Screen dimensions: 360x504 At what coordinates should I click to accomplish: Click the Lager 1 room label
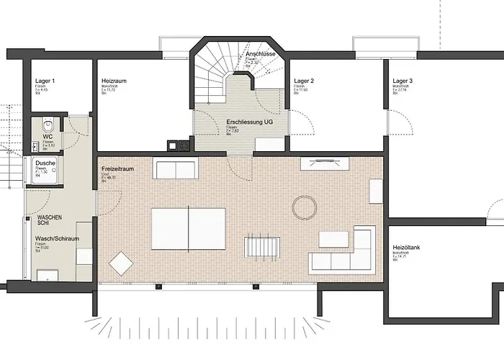pyautogui.click(x=45, y=81)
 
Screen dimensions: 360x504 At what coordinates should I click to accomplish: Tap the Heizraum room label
pyautogui.click(x=114, y=81)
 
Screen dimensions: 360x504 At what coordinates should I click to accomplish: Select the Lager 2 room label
pyautogui.click(x=305, y=81)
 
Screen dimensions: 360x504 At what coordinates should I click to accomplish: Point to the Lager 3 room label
pyautogui.click(x=402, y=81)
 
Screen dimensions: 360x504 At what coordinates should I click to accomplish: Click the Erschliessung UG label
pyautogui.click(x=249, y=122)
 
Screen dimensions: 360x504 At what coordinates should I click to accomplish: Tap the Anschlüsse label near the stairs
pyautogui.click(x=261, y=54)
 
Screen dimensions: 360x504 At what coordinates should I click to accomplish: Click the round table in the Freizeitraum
pyautogui.click(x=305, y=208)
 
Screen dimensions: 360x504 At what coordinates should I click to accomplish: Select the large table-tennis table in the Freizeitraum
pyautogui.click(x=188, y=228)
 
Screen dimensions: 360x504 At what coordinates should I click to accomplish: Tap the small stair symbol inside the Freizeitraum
pyautogui.click(x=260, y=245)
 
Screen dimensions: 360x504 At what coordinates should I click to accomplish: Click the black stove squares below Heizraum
pyautogui.click(x=178, y=145)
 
